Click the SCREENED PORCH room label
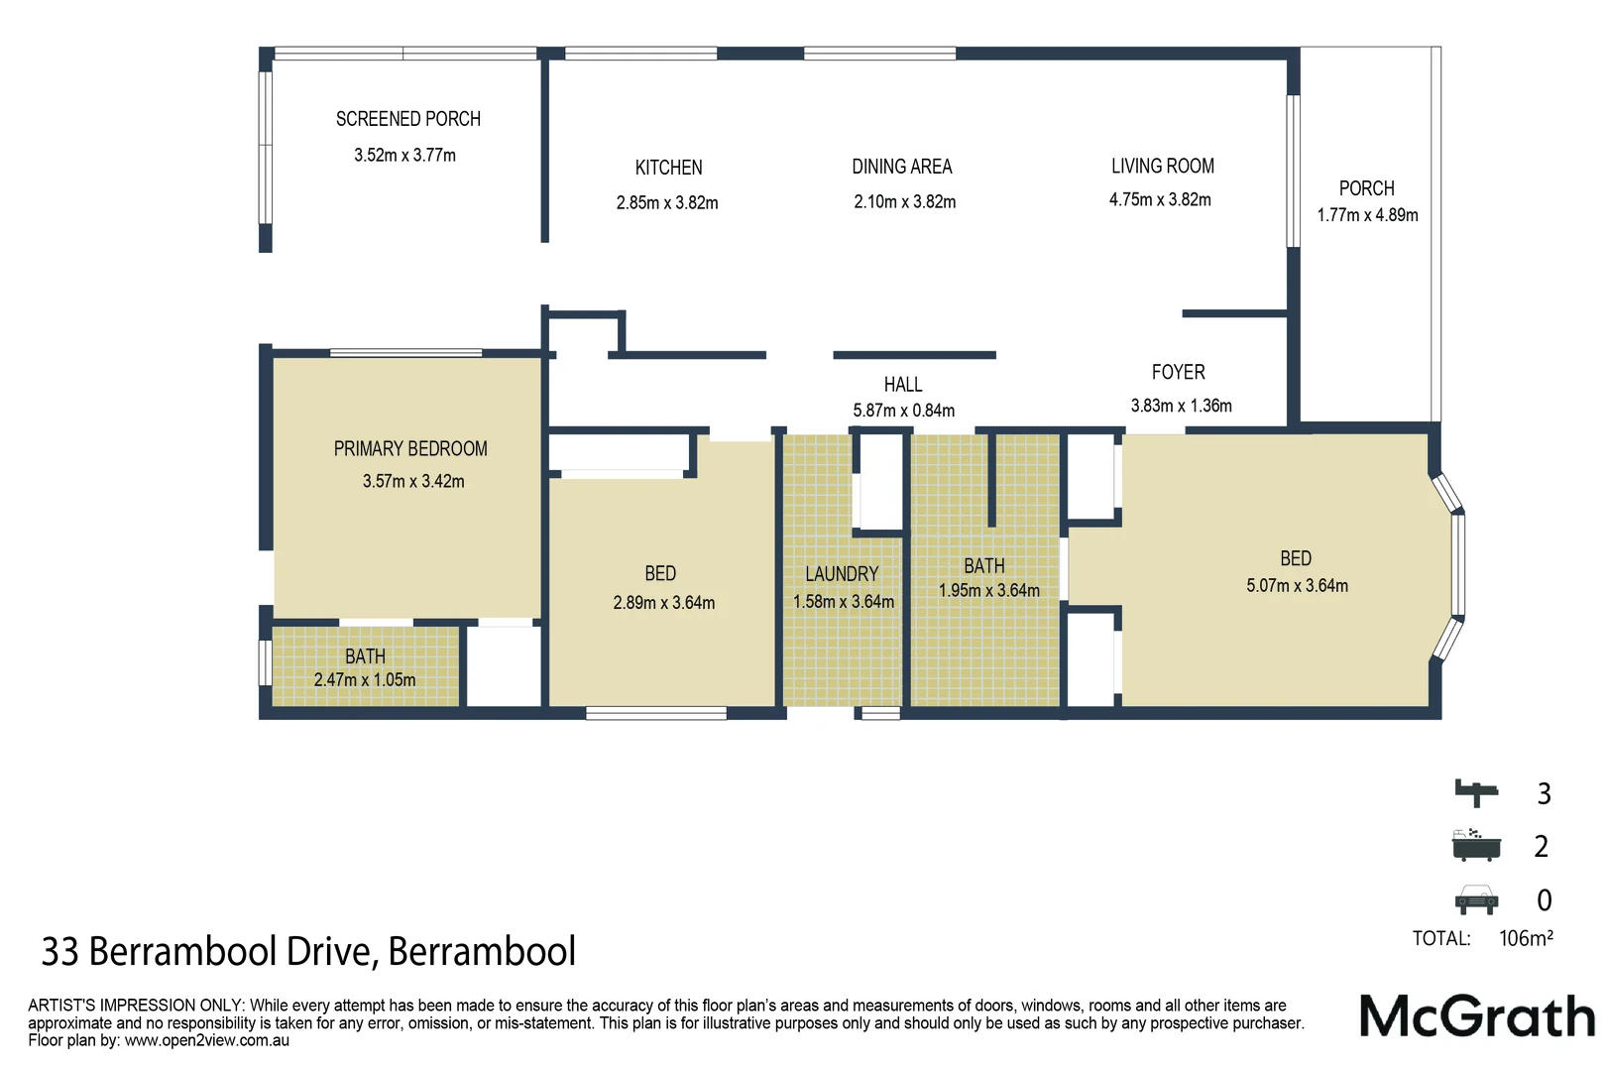pos(407,119)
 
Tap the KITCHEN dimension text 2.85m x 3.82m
pos(667,202)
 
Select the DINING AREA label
pos(901,167)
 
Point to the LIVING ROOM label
pos(1162,166)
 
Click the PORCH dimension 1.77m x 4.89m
pos(1367,215)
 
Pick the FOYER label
pos(1178,372)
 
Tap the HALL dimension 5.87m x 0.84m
pos(903,411)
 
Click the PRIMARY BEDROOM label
pos(410,448)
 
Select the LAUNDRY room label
pos(842,574)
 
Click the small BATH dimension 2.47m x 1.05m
pos(365,679)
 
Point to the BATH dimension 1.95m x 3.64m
pos(989,590)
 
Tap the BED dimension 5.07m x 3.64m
pos(1297,585)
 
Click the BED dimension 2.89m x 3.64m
pos(663,602)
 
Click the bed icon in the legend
pos(1476,792)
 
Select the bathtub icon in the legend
pos(1476,845)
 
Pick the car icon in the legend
pos(1476,898)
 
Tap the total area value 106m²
pos(1526,938)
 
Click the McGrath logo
pos(1476,1016)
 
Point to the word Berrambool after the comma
pos(482,951)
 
